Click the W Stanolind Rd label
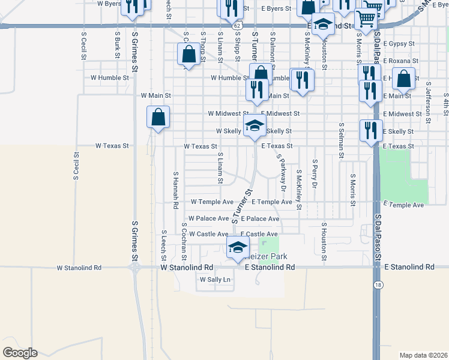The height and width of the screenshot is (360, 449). [x=187, y=267]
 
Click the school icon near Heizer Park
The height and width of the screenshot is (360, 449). [x=238, y=247]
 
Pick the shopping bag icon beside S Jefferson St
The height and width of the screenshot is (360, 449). [x=405, y=79]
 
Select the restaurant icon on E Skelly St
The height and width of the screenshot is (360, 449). [x=371, y=130]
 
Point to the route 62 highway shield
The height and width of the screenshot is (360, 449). [x=238, y=26]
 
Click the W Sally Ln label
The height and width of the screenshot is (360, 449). [x=215, y=280]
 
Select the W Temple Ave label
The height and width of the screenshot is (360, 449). [x=212, y=202]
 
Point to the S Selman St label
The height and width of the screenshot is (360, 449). [x=341, y=139]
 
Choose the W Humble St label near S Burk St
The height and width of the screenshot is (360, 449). [x=109, y=77]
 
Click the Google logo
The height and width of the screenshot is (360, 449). [x=20, y=353]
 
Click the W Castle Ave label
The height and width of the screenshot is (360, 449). [x=208, y=234]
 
